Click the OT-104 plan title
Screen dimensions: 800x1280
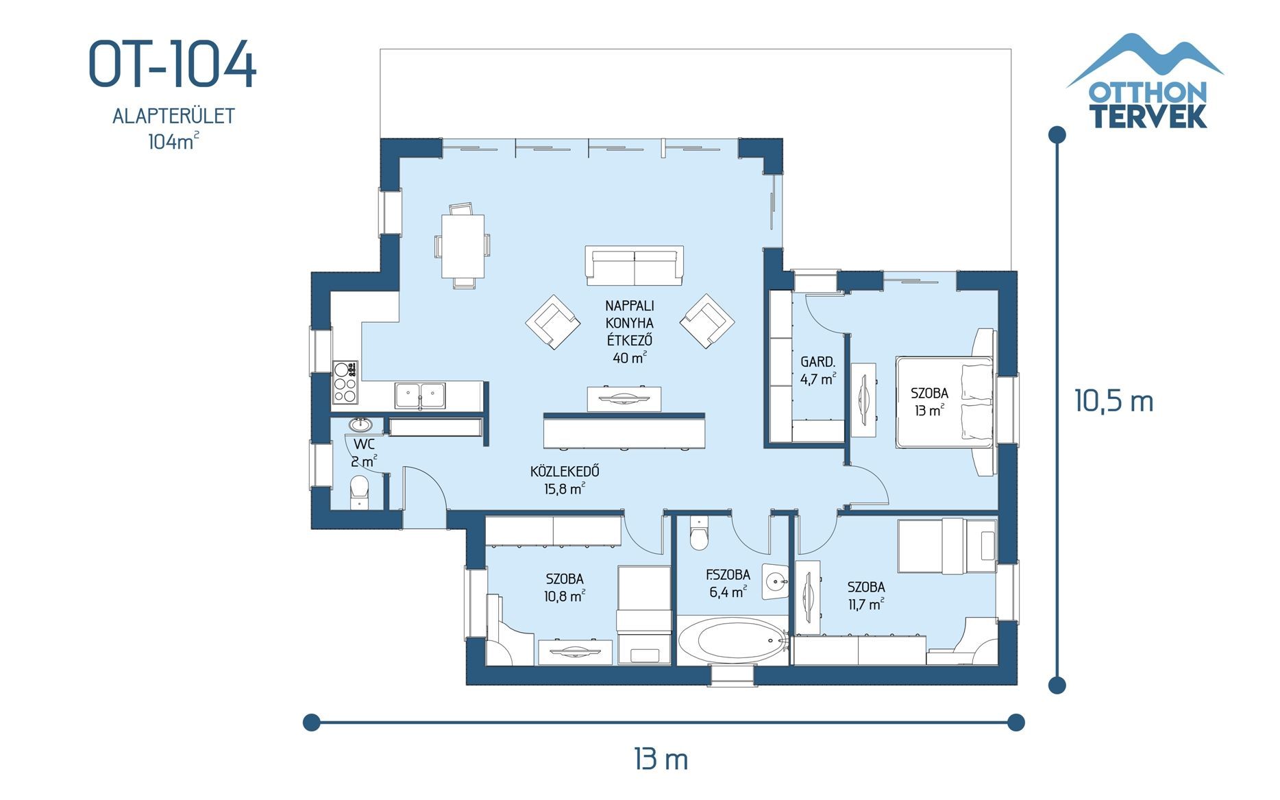click(172, 64)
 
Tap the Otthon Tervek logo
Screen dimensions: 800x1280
click(1145, 82)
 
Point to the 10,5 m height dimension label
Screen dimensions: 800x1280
click(1113, 401)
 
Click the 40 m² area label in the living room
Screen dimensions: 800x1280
click(629, 358)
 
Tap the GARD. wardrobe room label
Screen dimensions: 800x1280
click(817, 362)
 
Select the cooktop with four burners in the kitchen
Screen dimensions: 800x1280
click(345, 382)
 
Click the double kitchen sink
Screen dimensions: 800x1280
click(419, 396)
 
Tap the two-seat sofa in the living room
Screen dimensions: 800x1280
click(635, 265)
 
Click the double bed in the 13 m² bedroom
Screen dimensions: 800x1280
click(944, 402)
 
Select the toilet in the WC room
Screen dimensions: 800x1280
click(359, 491)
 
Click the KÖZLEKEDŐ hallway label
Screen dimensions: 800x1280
click(565, 472)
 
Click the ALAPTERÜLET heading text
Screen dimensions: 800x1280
click(173, 116)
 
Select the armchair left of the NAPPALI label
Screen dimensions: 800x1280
click(552, 322)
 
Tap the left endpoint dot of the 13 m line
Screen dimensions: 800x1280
click(311, 722)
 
